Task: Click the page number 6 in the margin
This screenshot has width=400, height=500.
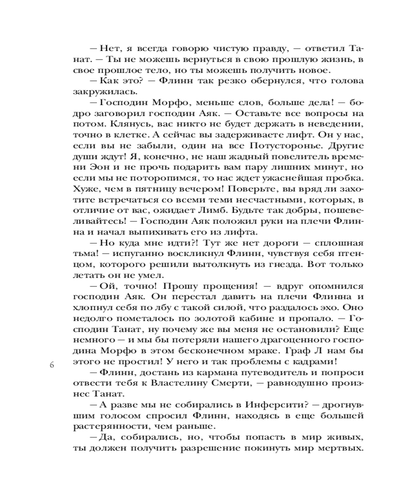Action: point(51,364)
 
